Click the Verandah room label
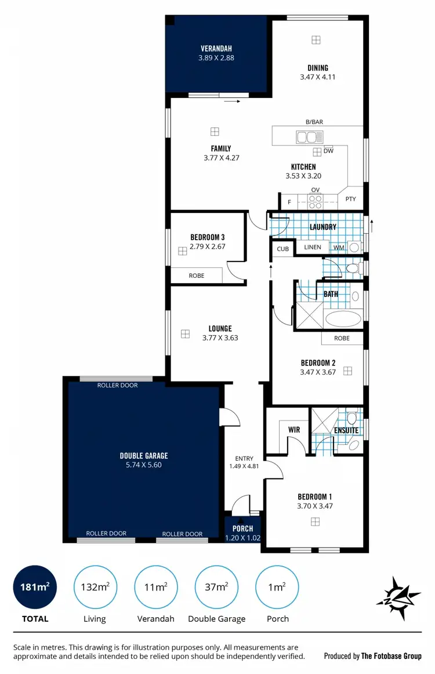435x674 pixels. (x=216, y=48)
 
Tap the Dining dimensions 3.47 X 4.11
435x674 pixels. (x=317, y=77)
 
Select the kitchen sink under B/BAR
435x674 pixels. (x=309, y=137)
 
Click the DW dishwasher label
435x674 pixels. (x=328, y=151)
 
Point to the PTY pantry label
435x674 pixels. (x=350, y=200)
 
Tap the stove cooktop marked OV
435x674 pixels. (x=316, y=201)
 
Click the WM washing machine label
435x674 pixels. (x=338, y=248)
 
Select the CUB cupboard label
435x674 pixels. (x=282, y=249)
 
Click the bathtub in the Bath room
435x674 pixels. (x=343, y=319)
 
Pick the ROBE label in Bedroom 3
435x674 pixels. (x=197, y=276)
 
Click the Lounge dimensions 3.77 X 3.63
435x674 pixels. (x=220, y=338)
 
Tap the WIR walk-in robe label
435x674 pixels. (x=293, y=430)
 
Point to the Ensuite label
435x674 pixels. (x=346, y=430)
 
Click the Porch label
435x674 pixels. (x=242, y=528)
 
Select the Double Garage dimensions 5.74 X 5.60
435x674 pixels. (x=144, y=465)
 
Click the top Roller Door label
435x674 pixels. (x=117, y=385)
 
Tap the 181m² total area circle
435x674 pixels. (x=35, y=587)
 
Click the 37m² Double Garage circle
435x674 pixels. (x=216, y=587)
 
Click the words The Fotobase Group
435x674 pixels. (x=391, y=656)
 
